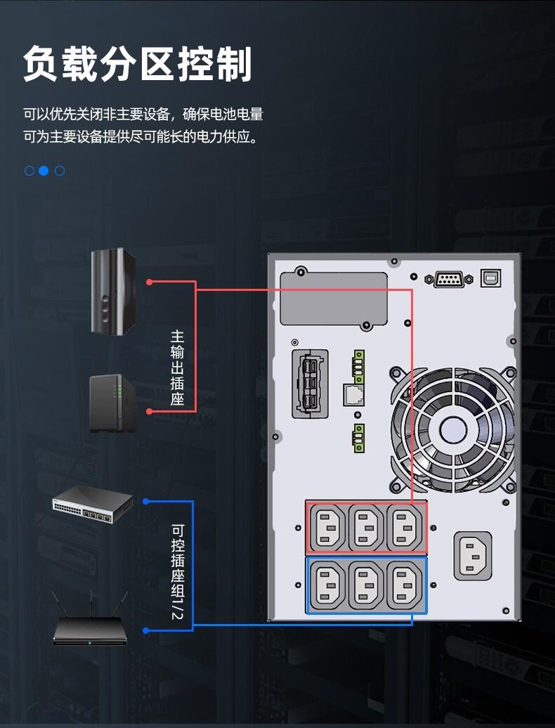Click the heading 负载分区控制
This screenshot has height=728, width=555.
138,64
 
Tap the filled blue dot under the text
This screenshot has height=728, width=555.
44,171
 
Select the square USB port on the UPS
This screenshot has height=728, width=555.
490,278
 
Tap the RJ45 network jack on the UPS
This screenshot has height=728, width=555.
353,395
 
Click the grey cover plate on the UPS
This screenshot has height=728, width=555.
334,299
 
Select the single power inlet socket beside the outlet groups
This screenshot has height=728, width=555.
472,556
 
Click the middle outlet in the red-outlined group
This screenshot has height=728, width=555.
366,528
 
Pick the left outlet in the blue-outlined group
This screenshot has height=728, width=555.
327,585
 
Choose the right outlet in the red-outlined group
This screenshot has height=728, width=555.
404,528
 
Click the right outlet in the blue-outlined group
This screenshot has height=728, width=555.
404,585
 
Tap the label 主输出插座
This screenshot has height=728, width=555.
177,368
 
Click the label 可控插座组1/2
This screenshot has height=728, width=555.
177,572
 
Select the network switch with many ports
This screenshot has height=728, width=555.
93,505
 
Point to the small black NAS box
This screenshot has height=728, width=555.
112,403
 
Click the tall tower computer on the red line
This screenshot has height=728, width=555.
113,291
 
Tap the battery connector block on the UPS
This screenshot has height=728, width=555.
310,384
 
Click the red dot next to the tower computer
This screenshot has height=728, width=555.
150,282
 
